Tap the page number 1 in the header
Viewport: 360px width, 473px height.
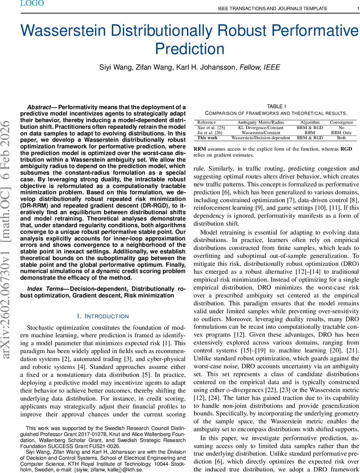(x=353, y=8)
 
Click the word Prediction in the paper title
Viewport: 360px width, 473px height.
(x=190, y=48)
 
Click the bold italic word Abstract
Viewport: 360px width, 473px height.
(x=39, y=107)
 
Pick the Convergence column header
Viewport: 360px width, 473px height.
(x=341, y=123)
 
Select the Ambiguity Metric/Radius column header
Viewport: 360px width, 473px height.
(x=260, y=123)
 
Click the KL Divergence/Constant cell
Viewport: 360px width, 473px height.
(x=260, y=128)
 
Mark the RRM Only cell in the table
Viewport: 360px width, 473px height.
(x=341, y=133)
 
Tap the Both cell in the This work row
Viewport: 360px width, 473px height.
(x=341, y=138)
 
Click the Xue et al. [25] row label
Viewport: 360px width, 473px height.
(x=211, y=128)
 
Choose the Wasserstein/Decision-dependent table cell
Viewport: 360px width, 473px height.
(x=261, y=138)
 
